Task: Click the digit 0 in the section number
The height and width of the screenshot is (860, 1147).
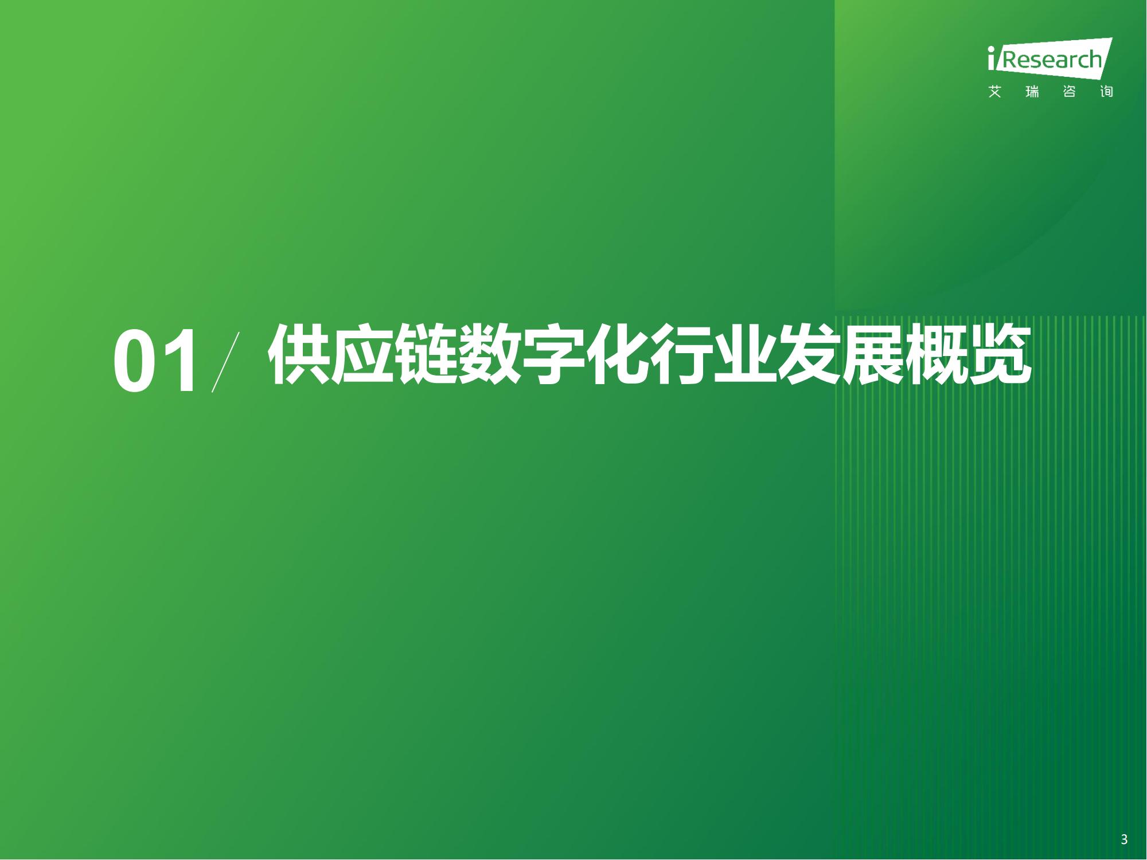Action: click(134, 361)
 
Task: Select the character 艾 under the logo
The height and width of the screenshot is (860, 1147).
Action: click(995, 92)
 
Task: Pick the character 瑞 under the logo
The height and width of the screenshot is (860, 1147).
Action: click(1032, 92)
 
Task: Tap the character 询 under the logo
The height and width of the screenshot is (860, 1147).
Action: click(1106, 92)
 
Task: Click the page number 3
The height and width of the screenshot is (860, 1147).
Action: click(1124, 840)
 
